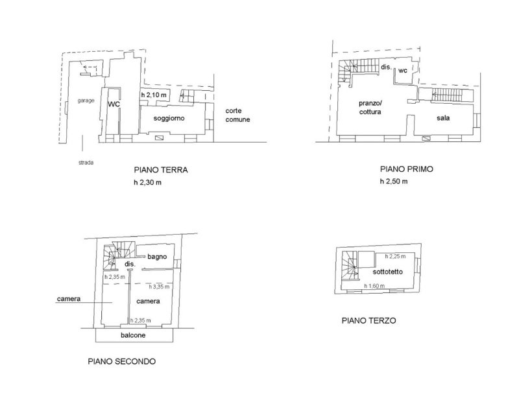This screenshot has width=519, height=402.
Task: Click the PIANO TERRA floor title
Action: (x=161, y=170)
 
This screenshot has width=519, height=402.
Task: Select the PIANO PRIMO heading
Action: (x=407, y=169)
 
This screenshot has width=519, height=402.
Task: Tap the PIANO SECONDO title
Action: (x=122, y=361)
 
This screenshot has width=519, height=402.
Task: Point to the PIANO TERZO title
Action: (x=368, y=320)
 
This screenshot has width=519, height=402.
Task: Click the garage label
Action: (x=86, y=100)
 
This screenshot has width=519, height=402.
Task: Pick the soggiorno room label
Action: (x=169, y=118)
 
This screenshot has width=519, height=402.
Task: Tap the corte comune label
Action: (x=237, y=115)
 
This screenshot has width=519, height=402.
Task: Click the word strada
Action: (x=86, y=163)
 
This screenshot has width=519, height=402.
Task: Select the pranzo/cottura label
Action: (x=370, y=108)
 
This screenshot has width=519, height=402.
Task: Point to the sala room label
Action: (x=443, y=118)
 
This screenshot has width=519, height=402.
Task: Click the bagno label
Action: (x=157, y=257)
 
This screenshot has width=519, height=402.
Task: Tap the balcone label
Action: (x=133, y=335)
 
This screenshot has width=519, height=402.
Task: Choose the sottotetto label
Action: (x=387, y=272)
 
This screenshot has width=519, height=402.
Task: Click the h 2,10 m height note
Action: (x=154, y=95)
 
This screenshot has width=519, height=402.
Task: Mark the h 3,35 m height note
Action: (x=159, y=287)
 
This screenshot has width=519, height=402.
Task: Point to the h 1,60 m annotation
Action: (x=374, y=286)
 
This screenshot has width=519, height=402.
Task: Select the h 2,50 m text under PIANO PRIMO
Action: (x=394, y=182)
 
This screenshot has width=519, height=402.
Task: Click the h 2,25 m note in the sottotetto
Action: (x=395, y=256)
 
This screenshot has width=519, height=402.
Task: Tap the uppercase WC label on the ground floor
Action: (x=114, y=104)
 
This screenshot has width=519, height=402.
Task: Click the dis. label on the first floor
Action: (x=386, y=67)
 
